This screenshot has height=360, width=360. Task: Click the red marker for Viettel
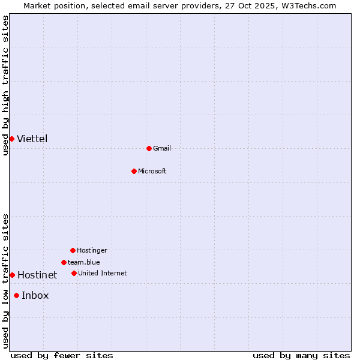point(11,139)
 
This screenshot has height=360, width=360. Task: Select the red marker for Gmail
point(149,148)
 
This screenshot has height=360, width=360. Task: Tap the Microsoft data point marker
point(134,171)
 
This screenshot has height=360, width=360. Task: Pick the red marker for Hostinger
point(73,250)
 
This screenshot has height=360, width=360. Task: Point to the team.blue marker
point(64,262)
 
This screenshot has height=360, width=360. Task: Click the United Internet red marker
point(74,273)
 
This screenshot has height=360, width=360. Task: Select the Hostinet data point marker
point(12,275)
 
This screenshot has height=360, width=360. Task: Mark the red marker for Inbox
point(16,295)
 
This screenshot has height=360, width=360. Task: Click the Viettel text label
point(32,139)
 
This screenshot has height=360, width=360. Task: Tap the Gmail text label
point(162,148)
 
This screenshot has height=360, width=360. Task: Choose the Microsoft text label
point(152,171)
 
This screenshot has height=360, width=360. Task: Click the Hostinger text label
point(92,250)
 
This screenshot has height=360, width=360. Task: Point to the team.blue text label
point(84,262)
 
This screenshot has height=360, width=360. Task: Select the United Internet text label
point(103,273)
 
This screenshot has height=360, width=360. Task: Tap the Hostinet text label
point(37,275)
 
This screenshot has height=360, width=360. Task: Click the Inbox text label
point(35,295)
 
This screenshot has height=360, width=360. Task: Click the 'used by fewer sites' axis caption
point(62,355)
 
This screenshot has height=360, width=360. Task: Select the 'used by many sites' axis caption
point(301,355)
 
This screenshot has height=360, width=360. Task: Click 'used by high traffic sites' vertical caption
point(6,85)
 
